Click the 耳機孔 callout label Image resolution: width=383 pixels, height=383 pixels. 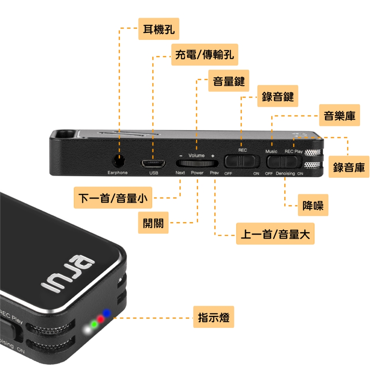pyautogui.click(x=158, y=29)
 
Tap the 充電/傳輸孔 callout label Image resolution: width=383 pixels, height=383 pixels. pyautogui.click(x=204, y=55)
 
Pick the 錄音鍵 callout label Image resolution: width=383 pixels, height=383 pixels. pyautogui.click(x=277, y=96)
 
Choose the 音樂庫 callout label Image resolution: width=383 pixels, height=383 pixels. pyautogui.click(x=339, y=115)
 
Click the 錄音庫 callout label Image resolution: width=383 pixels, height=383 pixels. pyautogui.click(x=349, y=167)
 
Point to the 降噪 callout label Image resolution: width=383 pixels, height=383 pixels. pyautogui.click(x=313, y=205)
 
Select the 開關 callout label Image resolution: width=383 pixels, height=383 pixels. pyautogui.click(x=153, y=223)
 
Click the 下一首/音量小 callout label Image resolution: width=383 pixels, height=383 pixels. pyautogui.click(x=113, y=197)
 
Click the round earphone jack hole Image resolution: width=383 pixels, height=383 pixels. pyautogui.click(x=118, y=161)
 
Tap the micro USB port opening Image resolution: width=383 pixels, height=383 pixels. pyautogui.click(x=153, y=163)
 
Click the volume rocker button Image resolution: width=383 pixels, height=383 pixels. pyautogui.click(x=197, y=163)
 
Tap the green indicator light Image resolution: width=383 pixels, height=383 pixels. pyautogui.click(x=93, y=324)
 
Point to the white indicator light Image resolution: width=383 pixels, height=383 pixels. pyautogui.click(x=87, y=330)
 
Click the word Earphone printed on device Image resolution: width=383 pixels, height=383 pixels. pyautogui.click(x=118, y=173)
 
